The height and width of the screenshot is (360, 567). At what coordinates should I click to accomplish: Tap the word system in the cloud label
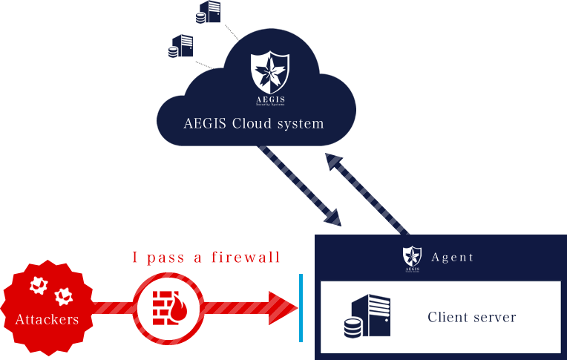302,123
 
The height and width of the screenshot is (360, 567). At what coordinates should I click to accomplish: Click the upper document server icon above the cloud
209,11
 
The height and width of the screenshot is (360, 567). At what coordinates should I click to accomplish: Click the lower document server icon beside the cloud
180,46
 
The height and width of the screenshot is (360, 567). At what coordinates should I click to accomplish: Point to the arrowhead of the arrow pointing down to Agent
332,217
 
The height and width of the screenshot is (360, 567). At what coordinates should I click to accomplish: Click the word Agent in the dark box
452,258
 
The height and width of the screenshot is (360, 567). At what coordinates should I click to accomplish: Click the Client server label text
471,318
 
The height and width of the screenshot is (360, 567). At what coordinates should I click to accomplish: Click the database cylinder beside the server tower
353,327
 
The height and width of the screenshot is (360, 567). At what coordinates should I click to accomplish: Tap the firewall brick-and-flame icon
168,306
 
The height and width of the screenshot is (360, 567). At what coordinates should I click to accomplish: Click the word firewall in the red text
246,258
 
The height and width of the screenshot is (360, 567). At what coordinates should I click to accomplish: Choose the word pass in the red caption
165,258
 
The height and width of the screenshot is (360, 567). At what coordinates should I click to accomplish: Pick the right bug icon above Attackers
64,295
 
